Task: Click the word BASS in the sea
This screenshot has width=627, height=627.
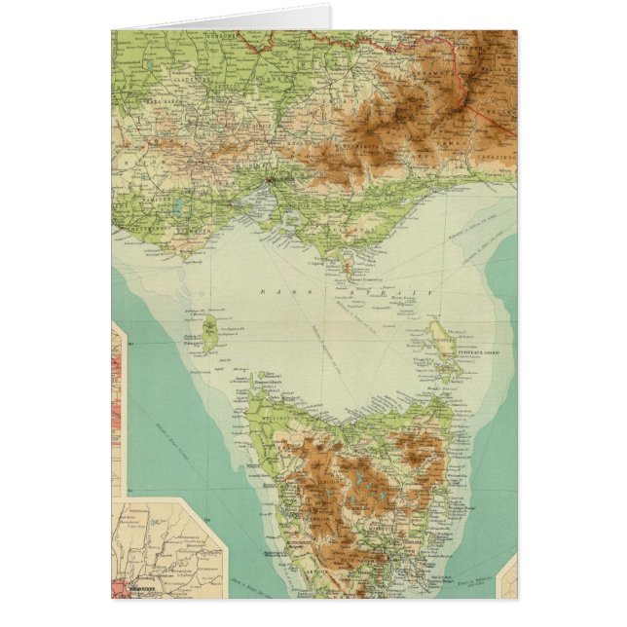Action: tap(272, 291)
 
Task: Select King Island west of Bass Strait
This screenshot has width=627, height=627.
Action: tap(208, 327)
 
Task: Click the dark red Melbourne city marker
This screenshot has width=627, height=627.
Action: tap(272, 180)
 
